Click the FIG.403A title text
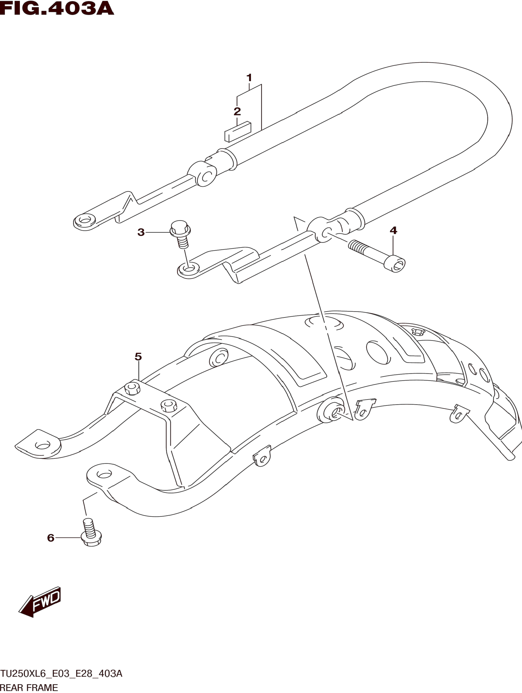(x=57, y=9)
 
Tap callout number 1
(x=249, y=77)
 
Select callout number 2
(x=237, y=111)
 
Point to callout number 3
(x=141, y=232)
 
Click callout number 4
(x=393, y=231)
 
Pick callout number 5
(x=138, y=356)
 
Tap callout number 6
(x=51, y=538)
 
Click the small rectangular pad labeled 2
(x=238, y=131)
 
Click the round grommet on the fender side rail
(x=331, y=410)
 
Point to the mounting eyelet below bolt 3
(x=188, y=268)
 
